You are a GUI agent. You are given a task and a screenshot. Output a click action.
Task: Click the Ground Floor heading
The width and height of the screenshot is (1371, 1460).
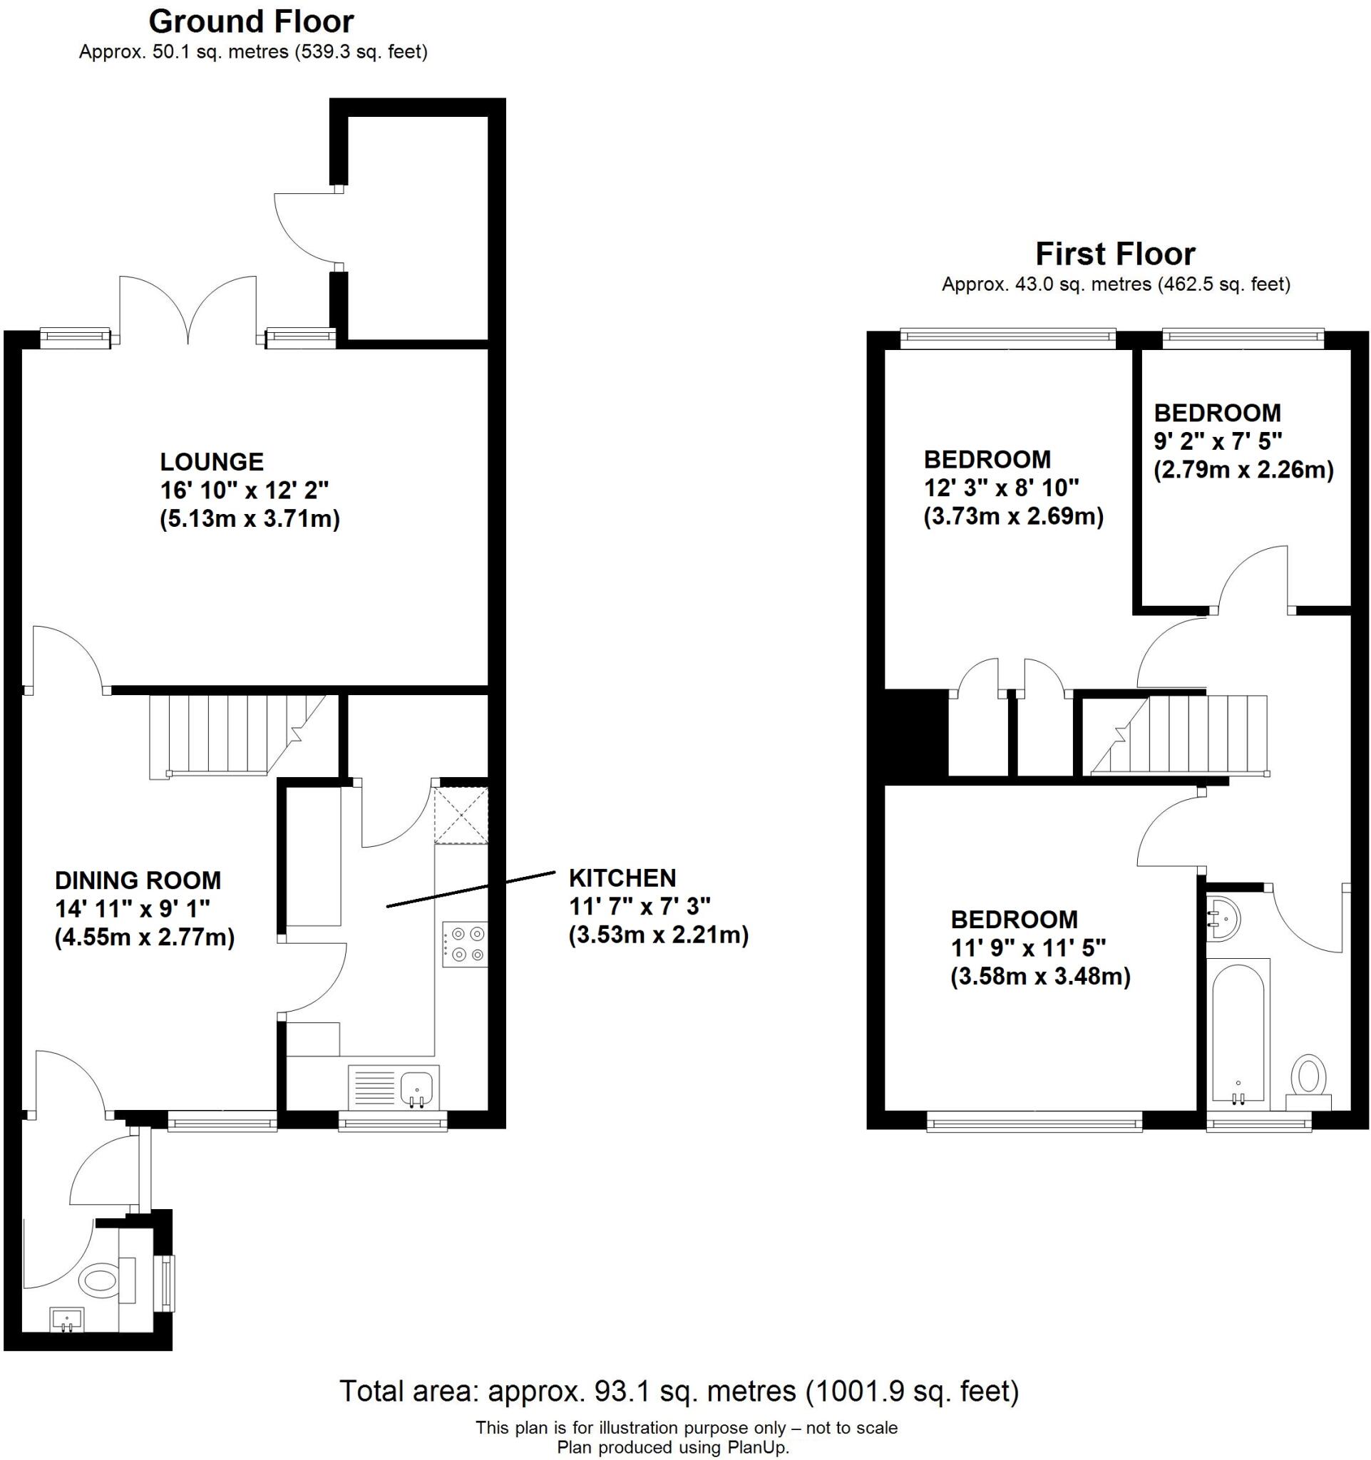click(x=251, y=22)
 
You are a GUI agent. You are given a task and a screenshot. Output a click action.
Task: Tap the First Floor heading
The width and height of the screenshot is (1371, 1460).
click(x=1115, y=254)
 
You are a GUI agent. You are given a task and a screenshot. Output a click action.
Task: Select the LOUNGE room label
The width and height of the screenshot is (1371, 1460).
click(x=212, y=461)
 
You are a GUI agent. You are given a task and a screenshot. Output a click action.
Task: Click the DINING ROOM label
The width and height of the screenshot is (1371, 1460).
click(x=138, y=880)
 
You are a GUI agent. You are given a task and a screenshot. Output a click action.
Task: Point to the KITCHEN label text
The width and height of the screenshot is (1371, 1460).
click(x=622, y=878)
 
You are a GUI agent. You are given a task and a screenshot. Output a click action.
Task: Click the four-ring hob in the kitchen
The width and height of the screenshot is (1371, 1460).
click(x=464, y=945)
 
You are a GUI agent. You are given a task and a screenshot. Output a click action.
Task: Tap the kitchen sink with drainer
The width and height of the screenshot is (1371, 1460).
click(x=394, y=1087)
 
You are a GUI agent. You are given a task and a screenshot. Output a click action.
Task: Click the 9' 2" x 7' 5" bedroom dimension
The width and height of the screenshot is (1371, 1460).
click(x=1218, y=441)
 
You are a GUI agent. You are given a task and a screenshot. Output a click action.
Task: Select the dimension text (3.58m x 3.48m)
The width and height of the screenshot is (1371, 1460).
click(x=1039, y=977)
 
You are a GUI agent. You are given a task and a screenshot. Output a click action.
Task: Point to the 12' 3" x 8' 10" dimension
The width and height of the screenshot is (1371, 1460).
click(x=1001, y=488)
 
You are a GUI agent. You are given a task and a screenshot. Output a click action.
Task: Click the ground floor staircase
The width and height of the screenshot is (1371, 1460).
click(x=227, y=734)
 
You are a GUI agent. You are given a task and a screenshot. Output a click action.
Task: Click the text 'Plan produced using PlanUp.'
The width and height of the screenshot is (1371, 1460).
click(x=672, y=1446)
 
